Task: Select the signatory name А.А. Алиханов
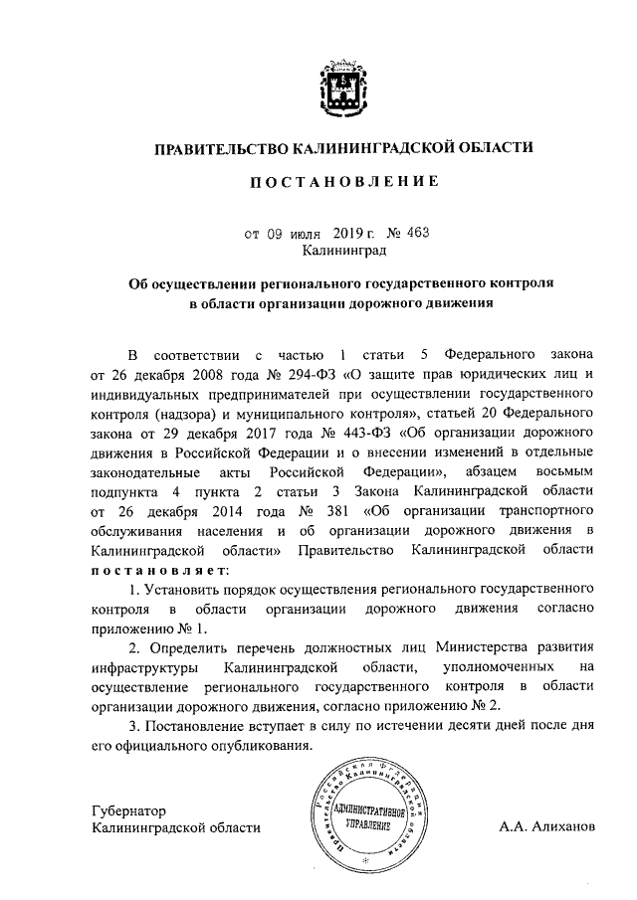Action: click(x=548, y=827)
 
